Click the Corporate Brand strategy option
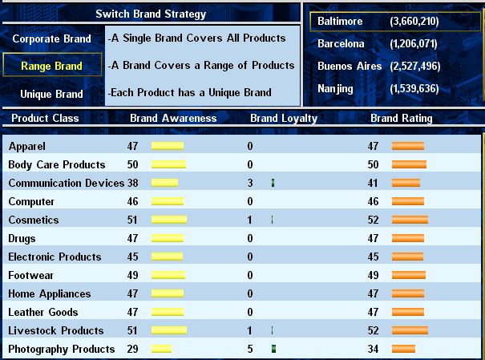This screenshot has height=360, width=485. pos(51,38)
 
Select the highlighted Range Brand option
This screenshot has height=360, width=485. pos(51,66)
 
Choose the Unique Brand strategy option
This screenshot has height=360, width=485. pos(51,94)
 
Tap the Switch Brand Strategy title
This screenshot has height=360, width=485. pos(151,14)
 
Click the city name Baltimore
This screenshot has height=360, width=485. pos(340,21)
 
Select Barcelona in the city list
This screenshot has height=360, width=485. pos(341,43)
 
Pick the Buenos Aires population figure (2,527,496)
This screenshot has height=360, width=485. pos(414,67)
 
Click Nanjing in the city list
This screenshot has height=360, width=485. pos(335,89)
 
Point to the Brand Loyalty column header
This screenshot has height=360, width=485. pos(284,119)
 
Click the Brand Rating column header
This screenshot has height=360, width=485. pos(401,118)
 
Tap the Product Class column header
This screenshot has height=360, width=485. pos(45,118)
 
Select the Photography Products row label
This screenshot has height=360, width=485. pos(62,349)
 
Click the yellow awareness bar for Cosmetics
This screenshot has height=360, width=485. pos(169,220)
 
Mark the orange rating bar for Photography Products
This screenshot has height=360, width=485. pos(403,349)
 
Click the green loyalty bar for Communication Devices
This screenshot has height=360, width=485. pos(273,183)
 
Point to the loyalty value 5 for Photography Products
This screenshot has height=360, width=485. pos(250,349)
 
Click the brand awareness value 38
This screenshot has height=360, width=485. pos(133,183)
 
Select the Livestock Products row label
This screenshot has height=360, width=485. pos(56,330)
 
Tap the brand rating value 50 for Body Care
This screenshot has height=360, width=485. pos(373,164)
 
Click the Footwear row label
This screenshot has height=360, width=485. pos(30,275)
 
